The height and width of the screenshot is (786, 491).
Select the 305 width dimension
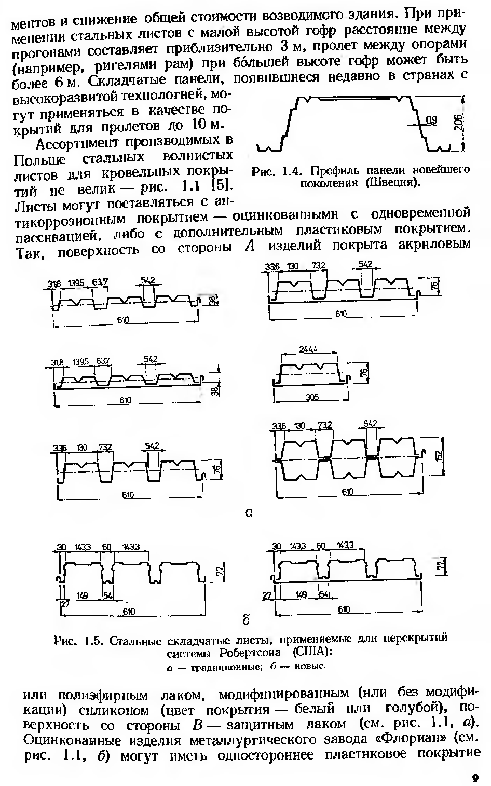pos(311,397)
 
